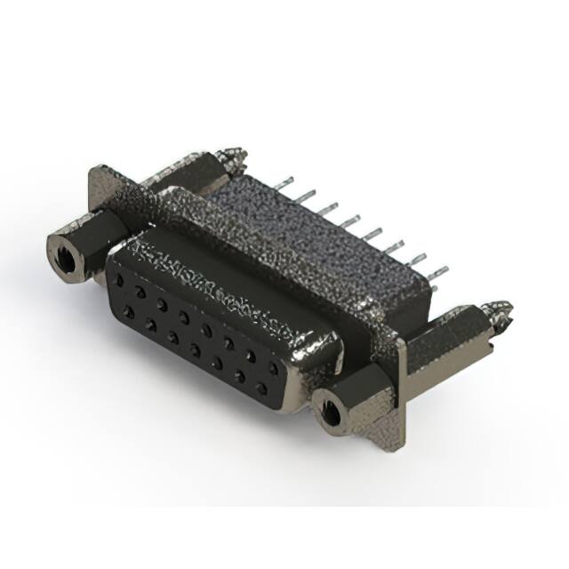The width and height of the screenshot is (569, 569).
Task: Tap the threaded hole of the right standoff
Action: pyautogui.click(x=330, y=412)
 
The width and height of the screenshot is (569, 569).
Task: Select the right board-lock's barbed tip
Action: pyautogui.click(x=502, y=311)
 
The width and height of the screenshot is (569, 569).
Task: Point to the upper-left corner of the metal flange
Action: pyautogui.click(x=97, y=169)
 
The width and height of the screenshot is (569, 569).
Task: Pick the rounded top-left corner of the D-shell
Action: pyautogui.click(x=114, y=258)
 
